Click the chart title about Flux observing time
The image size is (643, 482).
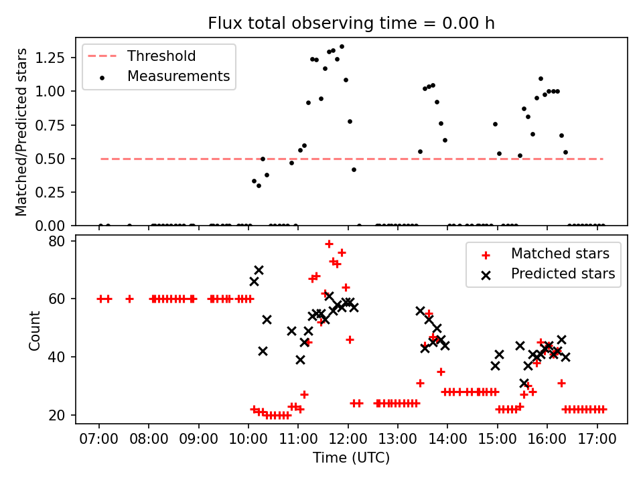tap(351, 23)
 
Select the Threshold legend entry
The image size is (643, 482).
tap(161, 56)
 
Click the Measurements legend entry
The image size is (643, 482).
tap(178, 76)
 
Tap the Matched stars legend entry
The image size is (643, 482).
tap(560, 254)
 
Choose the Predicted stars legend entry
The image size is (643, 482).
tap(563, 274)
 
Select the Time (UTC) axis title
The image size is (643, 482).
tap(351, 459)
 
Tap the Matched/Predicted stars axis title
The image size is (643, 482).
tap(21, 132)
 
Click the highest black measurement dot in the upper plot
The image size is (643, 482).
tap(342, 47)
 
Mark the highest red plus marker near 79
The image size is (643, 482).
tap(329, 244)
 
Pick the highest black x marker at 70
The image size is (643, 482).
tap(259, 270)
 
